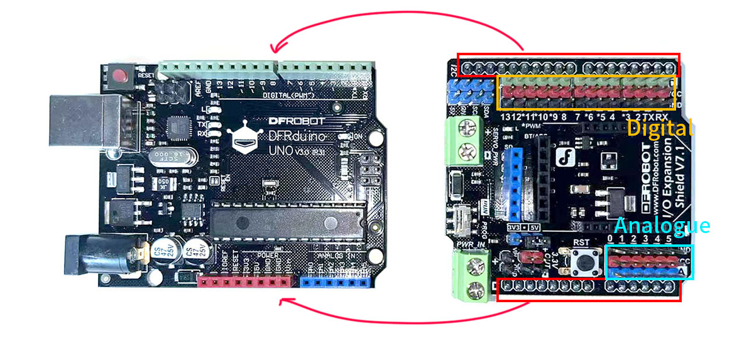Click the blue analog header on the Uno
pos(334,281)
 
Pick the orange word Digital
pos(659,129)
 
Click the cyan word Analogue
pos(662,226)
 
